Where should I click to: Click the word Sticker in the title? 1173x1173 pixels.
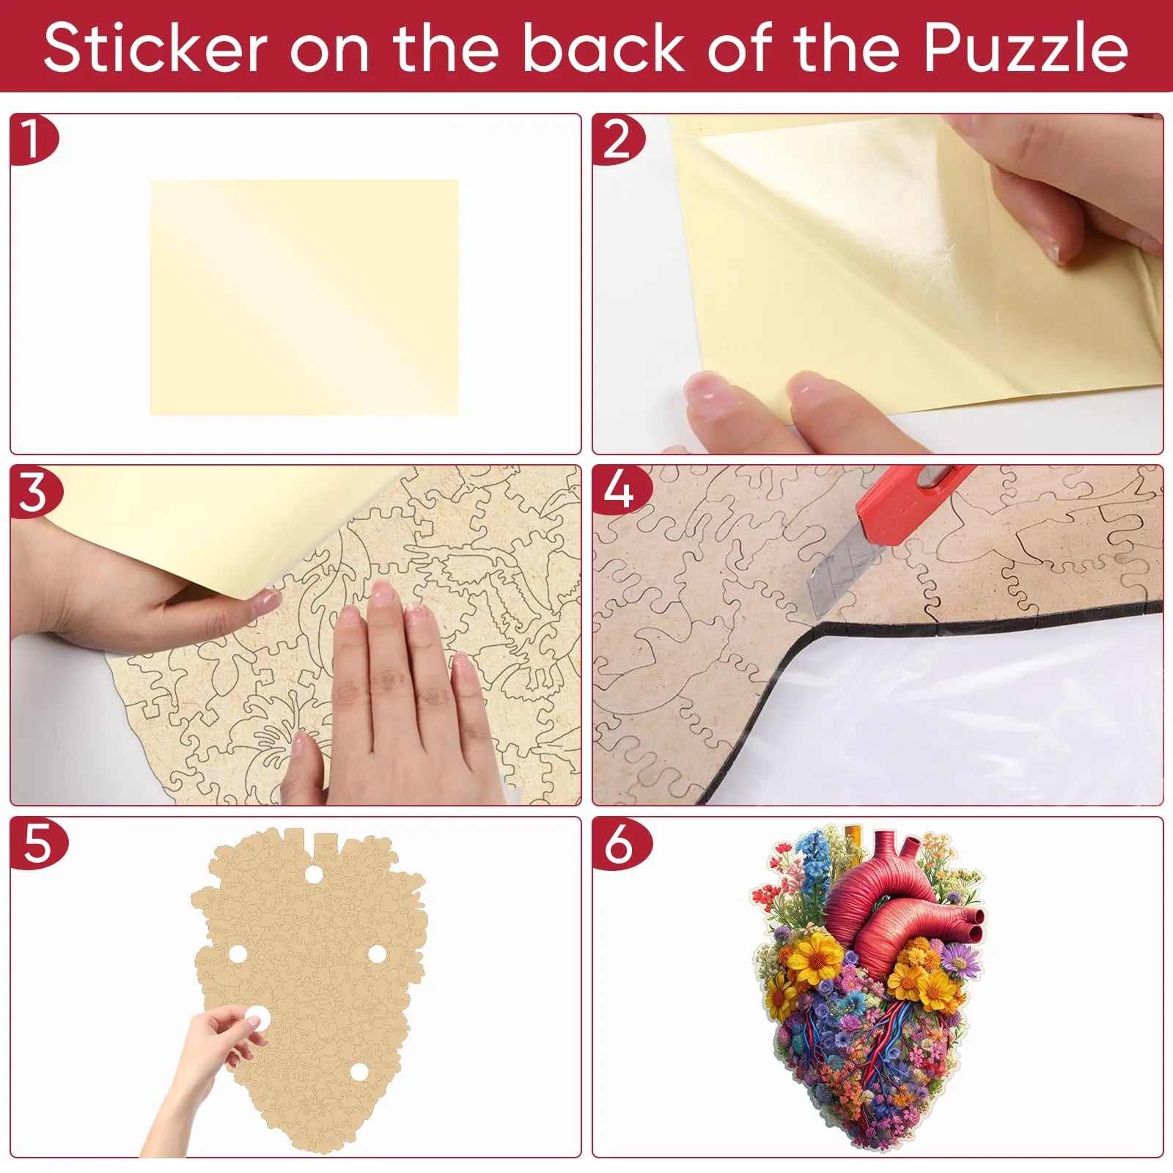155,49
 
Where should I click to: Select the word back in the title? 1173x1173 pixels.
602,49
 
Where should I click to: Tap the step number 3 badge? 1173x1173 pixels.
34,492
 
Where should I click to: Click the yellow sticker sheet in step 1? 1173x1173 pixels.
304,298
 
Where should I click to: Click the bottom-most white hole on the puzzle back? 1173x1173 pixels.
358,1071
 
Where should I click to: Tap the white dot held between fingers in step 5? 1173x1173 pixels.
256,1016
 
